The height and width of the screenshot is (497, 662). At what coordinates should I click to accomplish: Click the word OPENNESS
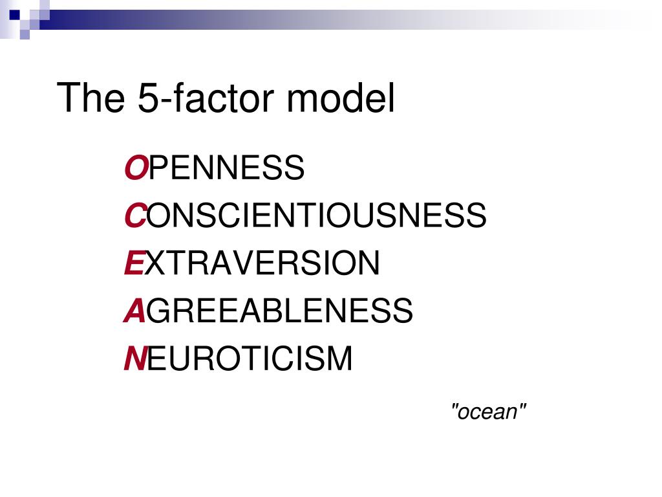coord(214,168)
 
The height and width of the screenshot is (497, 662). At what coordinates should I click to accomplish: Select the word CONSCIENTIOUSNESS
coord(305,215)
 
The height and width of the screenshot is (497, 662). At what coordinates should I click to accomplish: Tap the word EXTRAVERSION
coord(252,263)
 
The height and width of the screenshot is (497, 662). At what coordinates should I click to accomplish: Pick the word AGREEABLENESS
coord(268,311)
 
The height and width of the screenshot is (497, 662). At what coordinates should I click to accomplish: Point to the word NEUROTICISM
coord(239,359)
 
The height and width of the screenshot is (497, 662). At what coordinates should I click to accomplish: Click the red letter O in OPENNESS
coord(135,168)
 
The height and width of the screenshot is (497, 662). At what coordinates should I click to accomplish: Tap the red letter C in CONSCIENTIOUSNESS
coord(134,215)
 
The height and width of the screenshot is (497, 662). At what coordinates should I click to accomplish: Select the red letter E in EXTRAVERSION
coord(133,263)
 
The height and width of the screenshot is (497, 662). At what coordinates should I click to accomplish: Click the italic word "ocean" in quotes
coord(489,411)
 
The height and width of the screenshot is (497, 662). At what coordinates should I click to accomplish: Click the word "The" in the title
coord(91,98)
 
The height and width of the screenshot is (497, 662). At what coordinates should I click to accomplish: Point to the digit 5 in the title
coord(147,98)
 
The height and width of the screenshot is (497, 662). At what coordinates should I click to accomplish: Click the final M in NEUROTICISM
coord(339,359)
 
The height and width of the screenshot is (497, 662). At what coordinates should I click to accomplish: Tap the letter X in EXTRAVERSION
coord(155,263)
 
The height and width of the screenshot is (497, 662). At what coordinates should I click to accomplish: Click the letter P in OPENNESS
coord(158,168)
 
